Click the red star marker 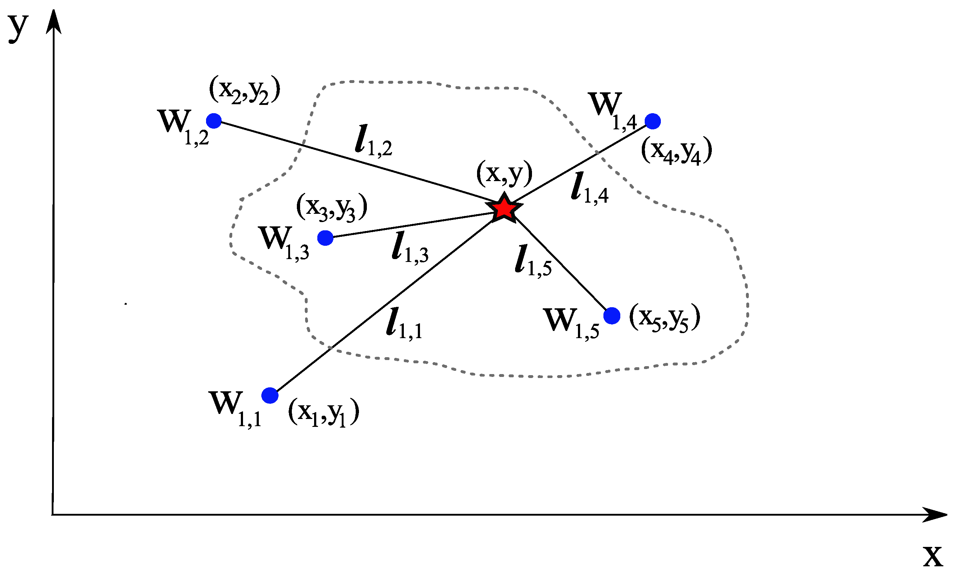[504, 209]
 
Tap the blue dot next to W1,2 [214, 121]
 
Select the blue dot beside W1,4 [653, 121]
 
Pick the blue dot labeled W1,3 [325, 238]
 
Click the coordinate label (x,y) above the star [504, 173]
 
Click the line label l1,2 [373, 140]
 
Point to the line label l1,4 [589, 188]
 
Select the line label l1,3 [410, 247]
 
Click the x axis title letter [933, 556]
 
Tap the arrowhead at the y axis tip [54, 21]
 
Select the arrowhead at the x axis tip [935, 515]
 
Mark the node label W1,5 [571, 323]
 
